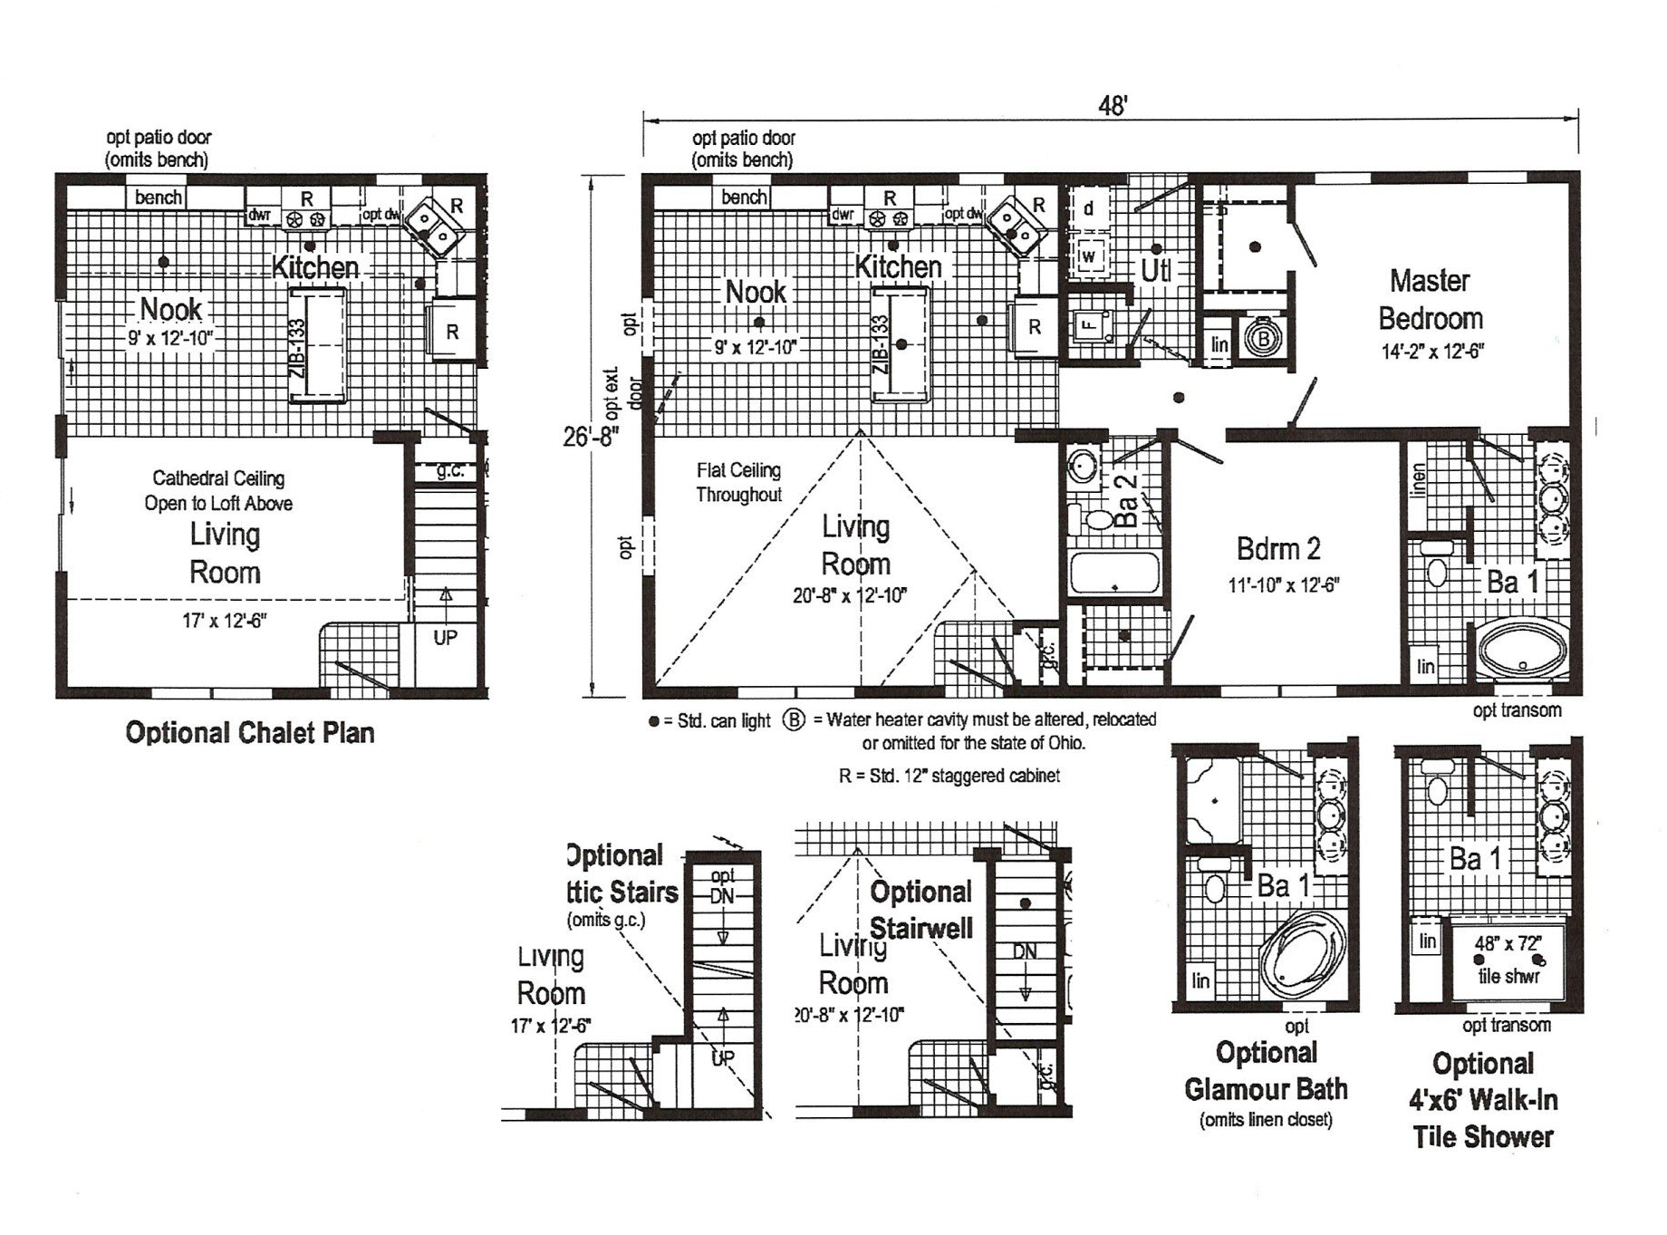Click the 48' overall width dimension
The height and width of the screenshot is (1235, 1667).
[x=1112, y=106]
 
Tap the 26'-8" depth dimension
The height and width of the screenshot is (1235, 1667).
[x=591, y=437]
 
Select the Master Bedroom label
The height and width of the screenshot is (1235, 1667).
[x=1431, y=300]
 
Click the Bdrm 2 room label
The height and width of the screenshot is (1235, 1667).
[x=1278, y=548]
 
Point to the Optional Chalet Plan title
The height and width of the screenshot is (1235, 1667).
[x=250, y=732]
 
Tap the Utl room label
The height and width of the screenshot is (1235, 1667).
[x=1155, y=270]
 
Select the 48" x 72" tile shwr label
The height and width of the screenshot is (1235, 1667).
[x=1508, y=960]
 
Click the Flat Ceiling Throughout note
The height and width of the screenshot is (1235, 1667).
[x=738, y=482]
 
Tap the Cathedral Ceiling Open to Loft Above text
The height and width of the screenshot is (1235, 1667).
[x=218, y=490]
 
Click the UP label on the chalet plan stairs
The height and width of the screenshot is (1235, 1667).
[x=445, y=637]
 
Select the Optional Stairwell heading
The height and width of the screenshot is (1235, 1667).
[x=920, y=910]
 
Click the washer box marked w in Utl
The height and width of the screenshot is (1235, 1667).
[x=1089, y=256]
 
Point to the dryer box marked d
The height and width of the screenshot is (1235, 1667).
[x=1088, y=208]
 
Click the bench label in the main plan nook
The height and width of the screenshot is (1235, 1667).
[x=744, y=197]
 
